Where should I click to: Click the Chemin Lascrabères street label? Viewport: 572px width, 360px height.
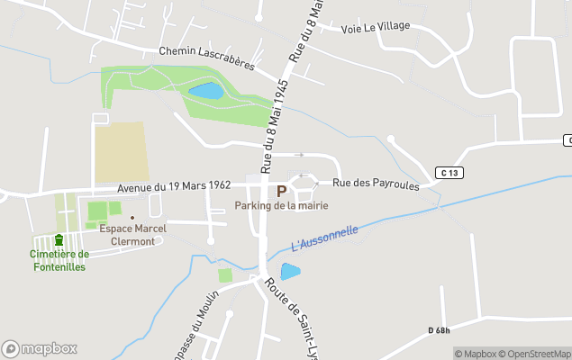(207, 58)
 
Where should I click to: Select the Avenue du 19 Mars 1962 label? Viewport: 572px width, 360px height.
(174, 186)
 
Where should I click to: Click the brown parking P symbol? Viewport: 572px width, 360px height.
(282, 191)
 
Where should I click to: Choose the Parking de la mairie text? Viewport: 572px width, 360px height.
(281, 206)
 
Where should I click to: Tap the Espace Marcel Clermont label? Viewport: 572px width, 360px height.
(132, 234)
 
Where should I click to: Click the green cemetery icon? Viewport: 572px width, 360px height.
(59, 240)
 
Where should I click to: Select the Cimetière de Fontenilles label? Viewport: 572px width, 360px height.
(58, 259)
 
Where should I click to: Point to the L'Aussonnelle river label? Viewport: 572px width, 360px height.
(325, 238)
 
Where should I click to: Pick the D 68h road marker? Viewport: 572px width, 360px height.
(440, 331)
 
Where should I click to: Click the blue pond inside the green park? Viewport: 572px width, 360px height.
(205, 90)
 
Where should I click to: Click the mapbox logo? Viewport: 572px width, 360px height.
(39, 348)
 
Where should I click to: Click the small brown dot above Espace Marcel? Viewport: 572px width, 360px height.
(132, 217)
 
